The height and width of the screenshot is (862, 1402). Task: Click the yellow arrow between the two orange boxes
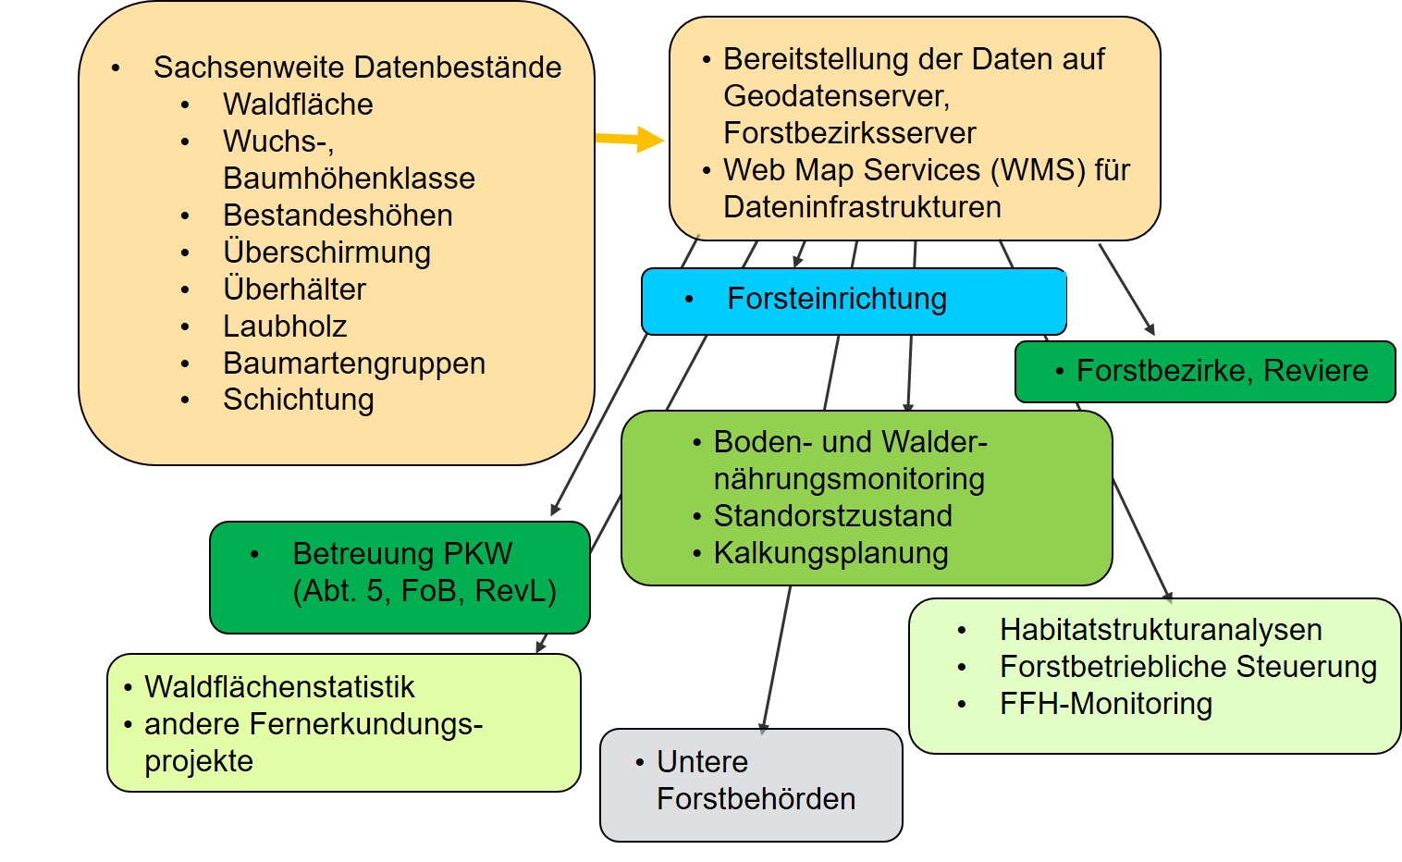pos(629,140)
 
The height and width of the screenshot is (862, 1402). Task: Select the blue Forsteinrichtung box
pos(853,301)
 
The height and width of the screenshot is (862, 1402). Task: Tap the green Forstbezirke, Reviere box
pos(1204,372)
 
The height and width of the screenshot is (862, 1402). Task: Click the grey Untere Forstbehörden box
pos(751,784)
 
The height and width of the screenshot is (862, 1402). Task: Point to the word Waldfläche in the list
pos(298,105)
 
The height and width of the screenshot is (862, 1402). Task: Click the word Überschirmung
pos(326,252)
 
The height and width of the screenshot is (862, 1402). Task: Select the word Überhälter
pos(294,289)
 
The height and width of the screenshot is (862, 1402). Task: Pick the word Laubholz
pos(285,326)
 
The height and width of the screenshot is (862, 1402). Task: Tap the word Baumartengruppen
pos(354,363)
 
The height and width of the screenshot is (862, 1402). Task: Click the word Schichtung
pos(299,400)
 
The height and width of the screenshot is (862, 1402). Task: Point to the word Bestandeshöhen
pos(338,215)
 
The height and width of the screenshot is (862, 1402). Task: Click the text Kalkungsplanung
pos(830,553)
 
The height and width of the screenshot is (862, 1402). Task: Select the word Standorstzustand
pos(832,516)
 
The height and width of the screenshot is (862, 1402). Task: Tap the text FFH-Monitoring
pos(1105,704)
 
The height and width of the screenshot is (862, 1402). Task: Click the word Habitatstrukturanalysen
pos(1161,630)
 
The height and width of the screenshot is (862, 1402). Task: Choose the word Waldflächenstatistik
pos(279,687)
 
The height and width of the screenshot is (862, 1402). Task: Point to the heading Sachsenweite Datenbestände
pos(357,68)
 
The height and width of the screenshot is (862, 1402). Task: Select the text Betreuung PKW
pos(402,554)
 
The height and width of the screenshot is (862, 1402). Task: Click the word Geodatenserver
pos(836,96)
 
